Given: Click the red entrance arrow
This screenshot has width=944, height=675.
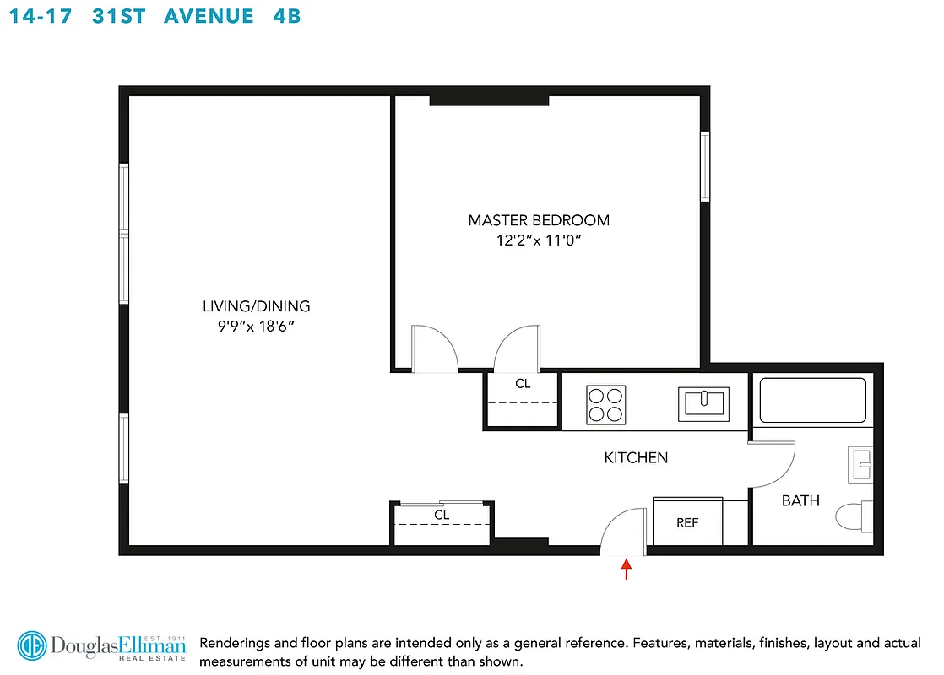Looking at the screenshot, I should point(626,570).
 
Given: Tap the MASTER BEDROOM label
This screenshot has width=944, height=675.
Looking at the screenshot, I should point(539,220).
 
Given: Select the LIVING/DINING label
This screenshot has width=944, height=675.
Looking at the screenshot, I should point(256,306).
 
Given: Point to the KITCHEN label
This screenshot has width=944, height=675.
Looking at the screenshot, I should point(636,458).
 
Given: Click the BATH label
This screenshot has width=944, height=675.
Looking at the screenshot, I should point(800,500).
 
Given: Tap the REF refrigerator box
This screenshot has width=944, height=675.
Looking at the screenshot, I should point(687,522).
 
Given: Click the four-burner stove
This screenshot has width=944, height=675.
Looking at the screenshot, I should point(606,403).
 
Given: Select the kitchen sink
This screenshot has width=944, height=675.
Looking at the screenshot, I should point(703,403).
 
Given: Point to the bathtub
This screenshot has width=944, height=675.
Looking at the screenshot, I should point(812,400).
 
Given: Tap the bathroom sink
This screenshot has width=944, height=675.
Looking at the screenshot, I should point(860,462).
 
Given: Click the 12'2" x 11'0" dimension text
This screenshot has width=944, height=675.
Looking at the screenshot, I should point(539,240).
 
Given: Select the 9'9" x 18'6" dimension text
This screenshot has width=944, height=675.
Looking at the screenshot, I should point(256,326).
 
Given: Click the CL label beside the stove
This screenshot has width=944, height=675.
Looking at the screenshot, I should point(523,384).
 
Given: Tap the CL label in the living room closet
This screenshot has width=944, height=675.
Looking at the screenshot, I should point(442,514).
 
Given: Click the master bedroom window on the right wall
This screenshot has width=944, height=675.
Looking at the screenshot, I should point(704,166).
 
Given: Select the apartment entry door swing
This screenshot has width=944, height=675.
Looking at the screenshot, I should point(623,532).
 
